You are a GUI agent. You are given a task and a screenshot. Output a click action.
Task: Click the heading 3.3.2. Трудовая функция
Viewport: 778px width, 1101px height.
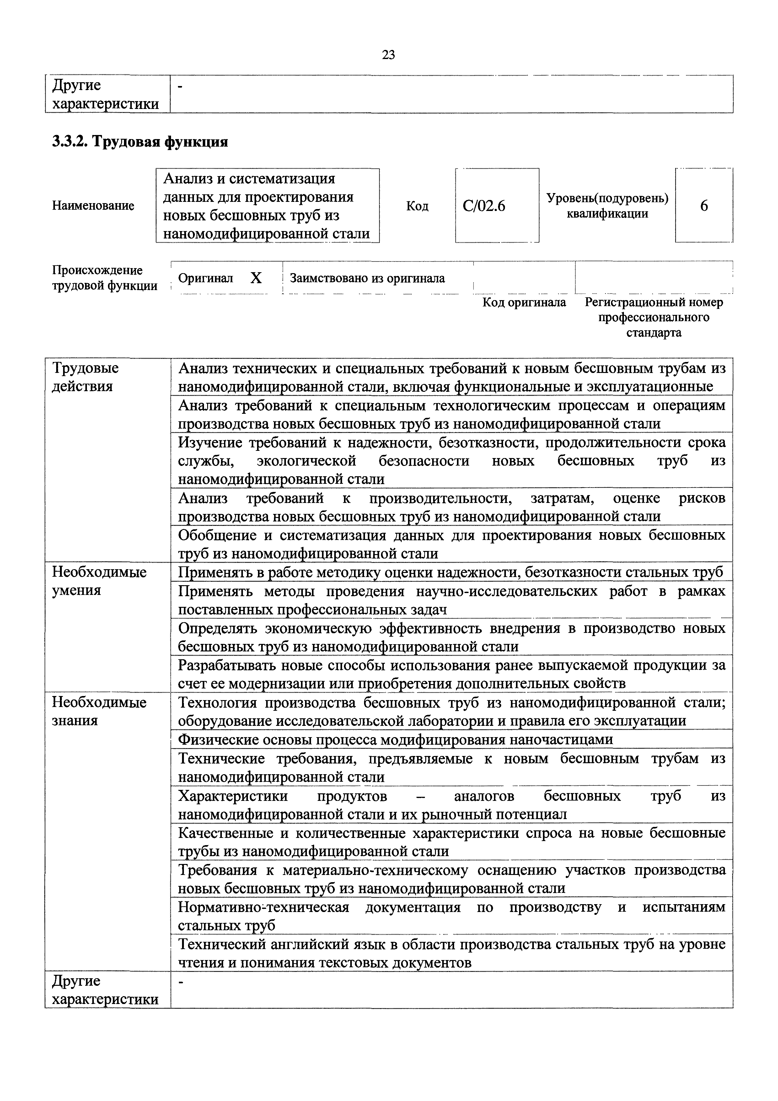139,142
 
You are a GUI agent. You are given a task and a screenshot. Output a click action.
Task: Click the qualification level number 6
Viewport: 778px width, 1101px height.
704,206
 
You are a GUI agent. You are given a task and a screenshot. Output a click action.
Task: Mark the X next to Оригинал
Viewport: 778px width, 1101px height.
256,278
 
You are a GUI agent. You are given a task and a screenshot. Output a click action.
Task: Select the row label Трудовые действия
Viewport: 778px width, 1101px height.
85,377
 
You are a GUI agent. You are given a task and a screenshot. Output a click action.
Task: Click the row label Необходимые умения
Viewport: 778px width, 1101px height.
99,581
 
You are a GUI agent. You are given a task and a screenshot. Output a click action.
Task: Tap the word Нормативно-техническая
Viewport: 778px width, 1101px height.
264,907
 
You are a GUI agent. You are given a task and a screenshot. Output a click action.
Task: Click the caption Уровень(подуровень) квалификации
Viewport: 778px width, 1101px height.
607,206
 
